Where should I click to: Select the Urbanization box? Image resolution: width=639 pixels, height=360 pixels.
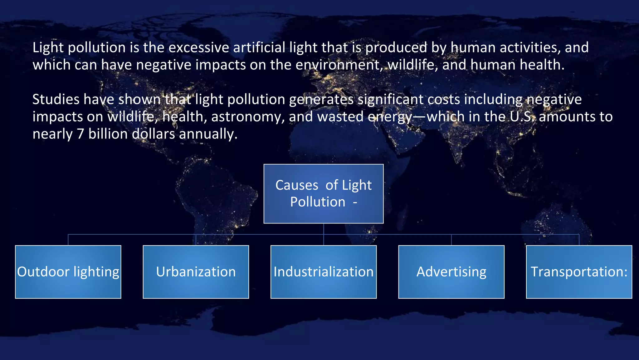click(x=196, y=272)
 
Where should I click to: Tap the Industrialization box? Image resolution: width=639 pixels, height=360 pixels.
click(x=324, y=272)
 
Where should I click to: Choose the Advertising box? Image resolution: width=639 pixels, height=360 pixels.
click(x=451, y=272)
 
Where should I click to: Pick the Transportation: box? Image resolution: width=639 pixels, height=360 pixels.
click(x=579, y=272)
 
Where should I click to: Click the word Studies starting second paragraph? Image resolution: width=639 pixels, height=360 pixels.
click(x=56, y=100)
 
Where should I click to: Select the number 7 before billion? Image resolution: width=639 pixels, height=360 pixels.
click(x=80, y=134)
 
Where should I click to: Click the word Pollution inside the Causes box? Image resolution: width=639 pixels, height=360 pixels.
click(x=318, y=202)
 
